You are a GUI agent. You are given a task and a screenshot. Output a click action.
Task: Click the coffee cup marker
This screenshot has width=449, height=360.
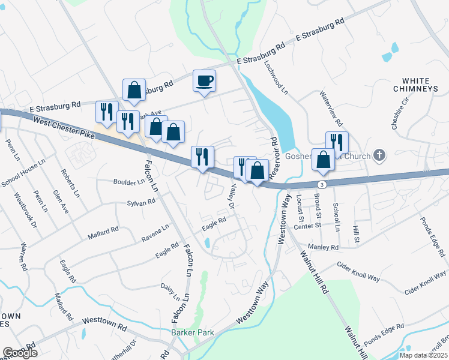tap(204, 80)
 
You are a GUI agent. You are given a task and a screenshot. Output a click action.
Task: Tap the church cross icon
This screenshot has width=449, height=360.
tap(378, 155)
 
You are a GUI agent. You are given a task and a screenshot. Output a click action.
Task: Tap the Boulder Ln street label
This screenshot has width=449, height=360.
tap(128, 181)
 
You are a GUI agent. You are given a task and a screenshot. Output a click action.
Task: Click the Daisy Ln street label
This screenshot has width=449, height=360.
tap(170, 292)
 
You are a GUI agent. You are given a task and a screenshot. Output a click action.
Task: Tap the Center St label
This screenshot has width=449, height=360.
tap(308, 226)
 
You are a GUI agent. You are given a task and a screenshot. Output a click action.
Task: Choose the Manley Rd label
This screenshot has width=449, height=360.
tap(324, 247)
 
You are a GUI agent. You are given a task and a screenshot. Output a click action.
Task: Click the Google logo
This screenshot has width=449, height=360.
tap(20, 352)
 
